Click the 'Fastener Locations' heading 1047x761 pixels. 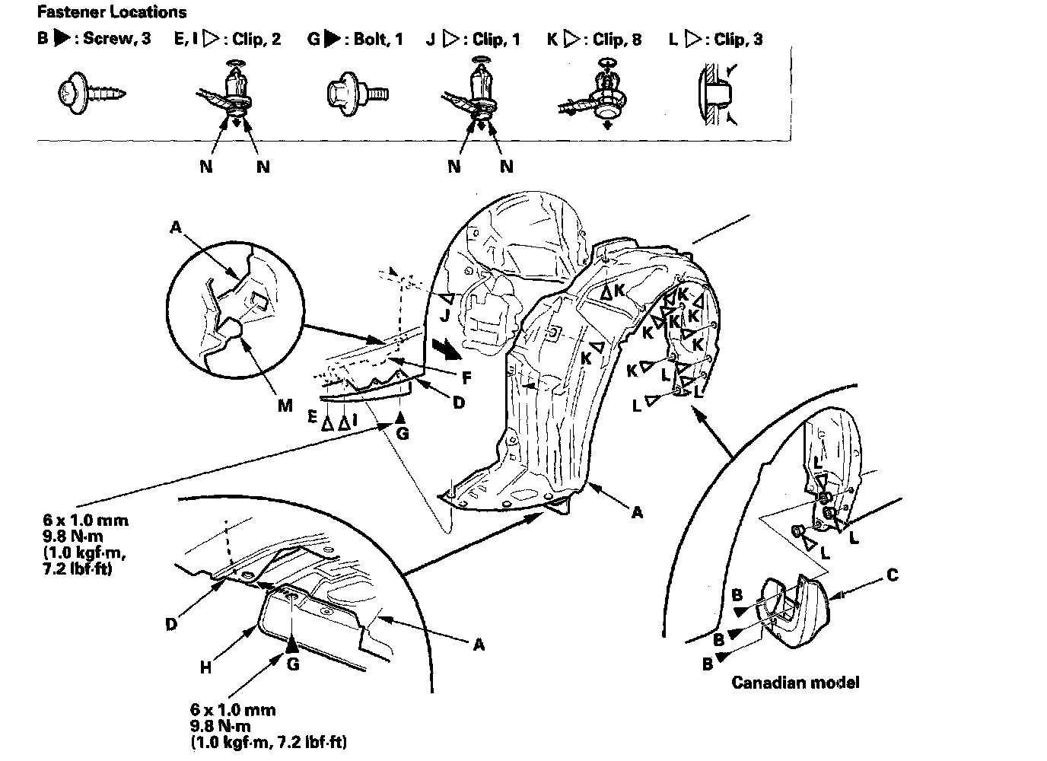tap(112, 12)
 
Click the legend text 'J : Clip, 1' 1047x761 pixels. tap(473, 39)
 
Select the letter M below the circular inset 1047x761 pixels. tap(285, 406)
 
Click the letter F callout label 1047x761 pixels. tap(466, 377)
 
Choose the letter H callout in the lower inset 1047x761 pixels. tap(205, 667)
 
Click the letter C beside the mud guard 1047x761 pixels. tap(892, 575)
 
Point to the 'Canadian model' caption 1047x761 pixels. tap(795, 682)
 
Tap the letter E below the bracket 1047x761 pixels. tap(313, 416)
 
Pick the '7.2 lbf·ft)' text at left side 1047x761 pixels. tap(78, 568)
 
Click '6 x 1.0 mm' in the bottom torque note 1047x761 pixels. tap(234, 710)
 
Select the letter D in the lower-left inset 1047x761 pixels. tap(171, 624)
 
